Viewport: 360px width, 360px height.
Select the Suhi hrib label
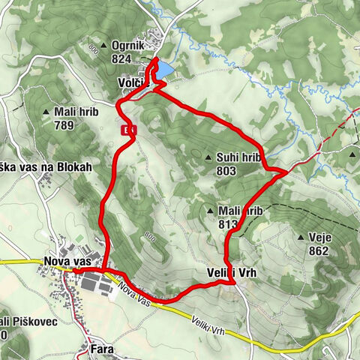(x=238, y=158)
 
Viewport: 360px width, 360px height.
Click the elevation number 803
(x=225, y=171)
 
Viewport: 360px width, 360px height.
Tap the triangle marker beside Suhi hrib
(x=208, y=158)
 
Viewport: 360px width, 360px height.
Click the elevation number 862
(x=318, y=251)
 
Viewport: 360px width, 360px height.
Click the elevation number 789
(x=64, y=125)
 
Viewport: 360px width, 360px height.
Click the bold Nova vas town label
(x=67, y=262)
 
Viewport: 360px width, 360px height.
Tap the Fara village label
(x=102, y=349)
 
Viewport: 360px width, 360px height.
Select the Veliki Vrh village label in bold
(x=230, y=273)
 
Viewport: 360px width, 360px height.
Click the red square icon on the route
(x=130, y=130)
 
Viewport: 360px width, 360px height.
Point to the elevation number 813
(x=228, y=223)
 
